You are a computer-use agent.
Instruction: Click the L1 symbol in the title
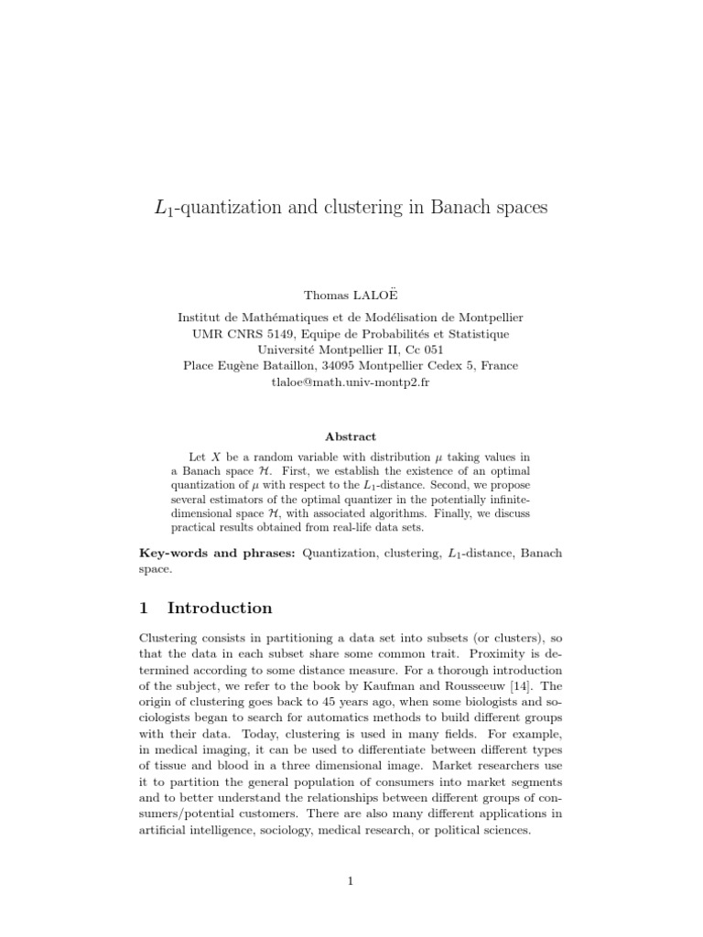pyautogui.click(x=164, y=209)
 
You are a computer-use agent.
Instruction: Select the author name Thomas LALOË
pyautogui.click(x=351, y=295)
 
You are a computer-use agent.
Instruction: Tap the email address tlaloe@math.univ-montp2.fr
pyautogui.click(x=351, y=382)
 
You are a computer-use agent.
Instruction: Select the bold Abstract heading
pyautogui.click(x=351, y=436)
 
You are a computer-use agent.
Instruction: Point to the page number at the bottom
pyautogui.click(x=351, y=880)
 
